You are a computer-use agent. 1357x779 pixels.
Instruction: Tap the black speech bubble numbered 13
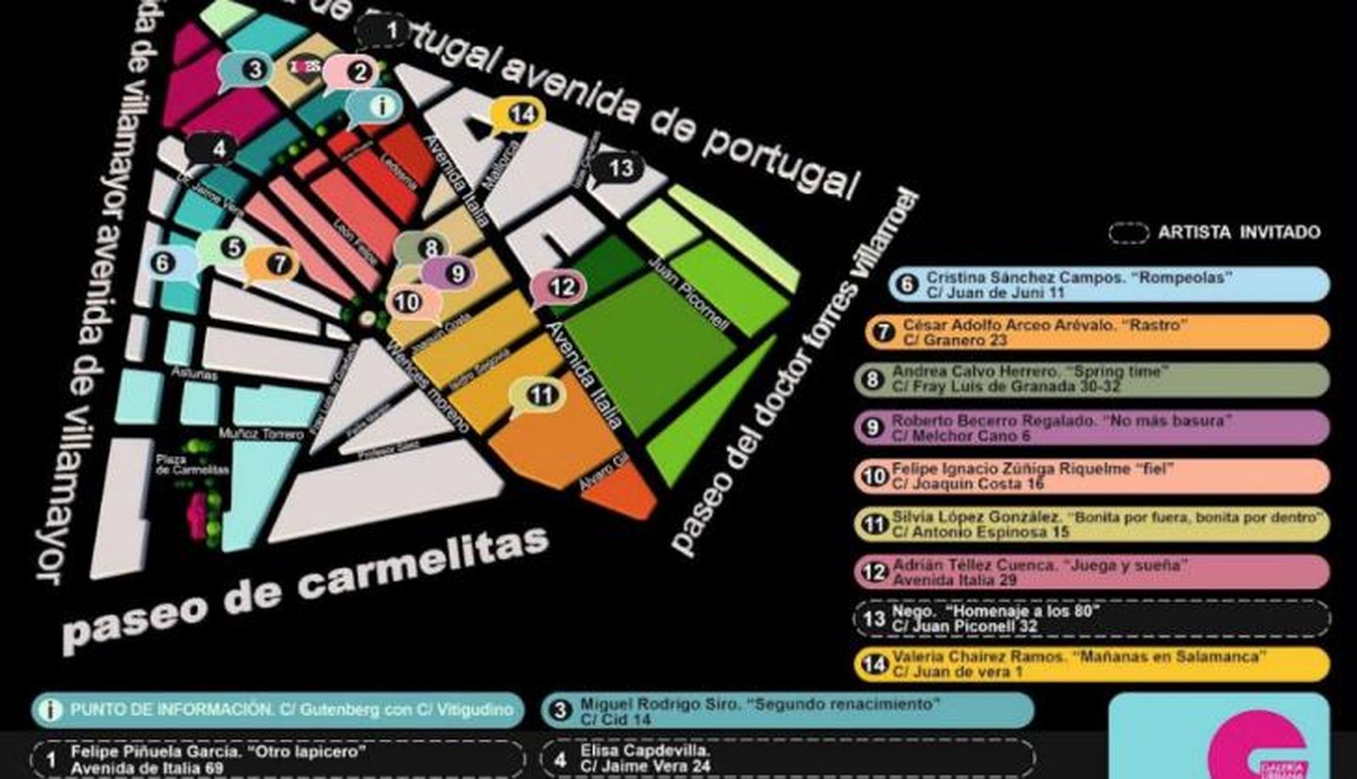[620, 168]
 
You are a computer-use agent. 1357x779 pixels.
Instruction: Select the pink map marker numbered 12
[561, 287]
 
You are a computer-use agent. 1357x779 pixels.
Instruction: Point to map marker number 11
[541, 394]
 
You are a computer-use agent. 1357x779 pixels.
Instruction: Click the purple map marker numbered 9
[456, 273]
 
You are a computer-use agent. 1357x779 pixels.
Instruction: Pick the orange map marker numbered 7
[276, 264]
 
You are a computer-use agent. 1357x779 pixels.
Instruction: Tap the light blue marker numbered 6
[162, 263]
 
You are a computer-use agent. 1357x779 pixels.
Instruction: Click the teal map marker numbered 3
[254, 69]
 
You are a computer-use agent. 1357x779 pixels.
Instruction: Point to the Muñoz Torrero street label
[260, 434]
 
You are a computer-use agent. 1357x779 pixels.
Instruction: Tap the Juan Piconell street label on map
[688, 292]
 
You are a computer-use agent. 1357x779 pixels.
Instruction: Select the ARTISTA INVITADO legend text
[1238, 232]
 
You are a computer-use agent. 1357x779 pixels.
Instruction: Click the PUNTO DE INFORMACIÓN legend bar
[278, 710]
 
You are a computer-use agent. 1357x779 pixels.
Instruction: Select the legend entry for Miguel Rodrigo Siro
[787, 710]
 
